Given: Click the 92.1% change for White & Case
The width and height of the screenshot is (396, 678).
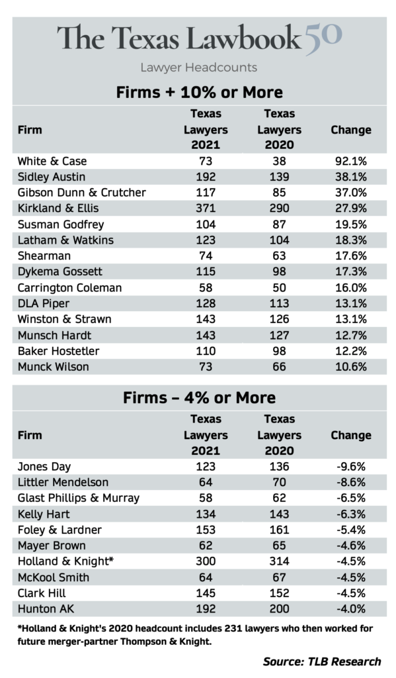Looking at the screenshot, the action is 350,162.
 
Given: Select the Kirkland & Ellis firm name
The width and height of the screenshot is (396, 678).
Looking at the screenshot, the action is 58,209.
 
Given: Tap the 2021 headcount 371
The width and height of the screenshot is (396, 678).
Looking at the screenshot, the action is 206,209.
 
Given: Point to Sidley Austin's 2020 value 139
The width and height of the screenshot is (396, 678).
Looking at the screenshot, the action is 279,177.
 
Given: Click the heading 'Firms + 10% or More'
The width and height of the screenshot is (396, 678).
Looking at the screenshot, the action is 200,92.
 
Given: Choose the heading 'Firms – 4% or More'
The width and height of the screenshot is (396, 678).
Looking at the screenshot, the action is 200,397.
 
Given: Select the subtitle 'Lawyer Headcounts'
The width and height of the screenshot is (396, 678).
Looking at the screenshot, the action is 198,68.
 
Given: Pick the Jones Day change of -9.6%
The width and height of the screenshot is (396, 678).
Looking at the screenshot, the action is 350,467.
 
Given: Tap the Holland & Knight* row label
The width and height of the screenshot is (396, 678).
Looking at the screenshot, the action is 65,561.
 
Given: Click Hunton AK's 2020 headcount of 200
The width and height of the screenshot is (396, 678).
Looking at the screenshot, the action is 279,609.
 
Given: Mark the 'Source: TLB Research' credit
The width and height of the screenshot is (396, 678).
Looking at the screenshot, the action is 322,661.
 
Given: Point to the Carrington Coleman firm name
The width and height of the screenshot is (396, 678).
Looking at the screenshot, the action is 69,288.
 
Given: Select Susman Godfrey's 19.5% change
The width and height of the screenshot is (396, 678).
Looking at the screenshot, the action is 350,224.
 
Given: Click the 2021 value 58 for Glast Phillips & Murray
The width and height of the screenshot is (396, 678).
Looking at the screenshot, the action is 206,498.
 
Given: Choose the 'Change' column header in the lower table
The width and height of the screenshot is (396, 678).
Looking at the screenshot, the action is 350,435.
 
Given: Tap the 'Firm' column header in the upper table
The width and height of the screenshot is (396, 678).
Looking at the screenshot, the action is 30,130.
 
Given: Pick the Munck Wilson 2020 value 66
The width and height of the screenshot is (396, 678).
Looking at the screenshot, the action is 279,367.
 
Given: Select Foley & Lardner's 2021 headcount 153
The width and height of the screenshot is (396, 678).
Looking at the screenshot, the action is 206,530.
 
